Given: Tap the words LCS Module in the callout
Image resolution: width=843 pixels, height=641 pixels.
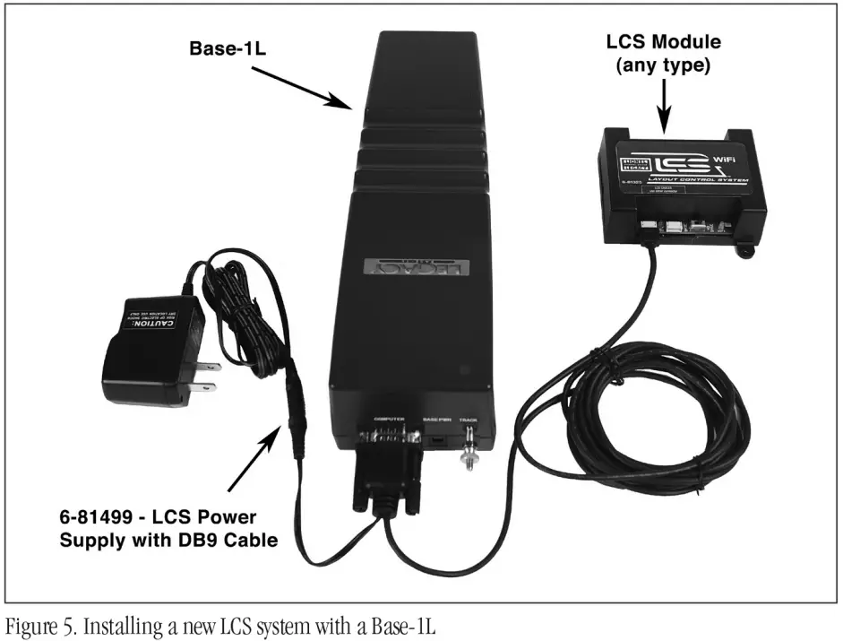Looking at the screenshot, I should [x=664, y=42].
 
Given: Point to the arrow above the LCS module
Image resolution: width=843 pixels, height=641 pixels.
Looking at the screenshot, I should [x=664, y=102].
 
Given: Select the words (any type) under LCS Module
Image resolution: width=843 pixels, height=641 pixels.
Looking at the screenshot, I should [x=664, y=65].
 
